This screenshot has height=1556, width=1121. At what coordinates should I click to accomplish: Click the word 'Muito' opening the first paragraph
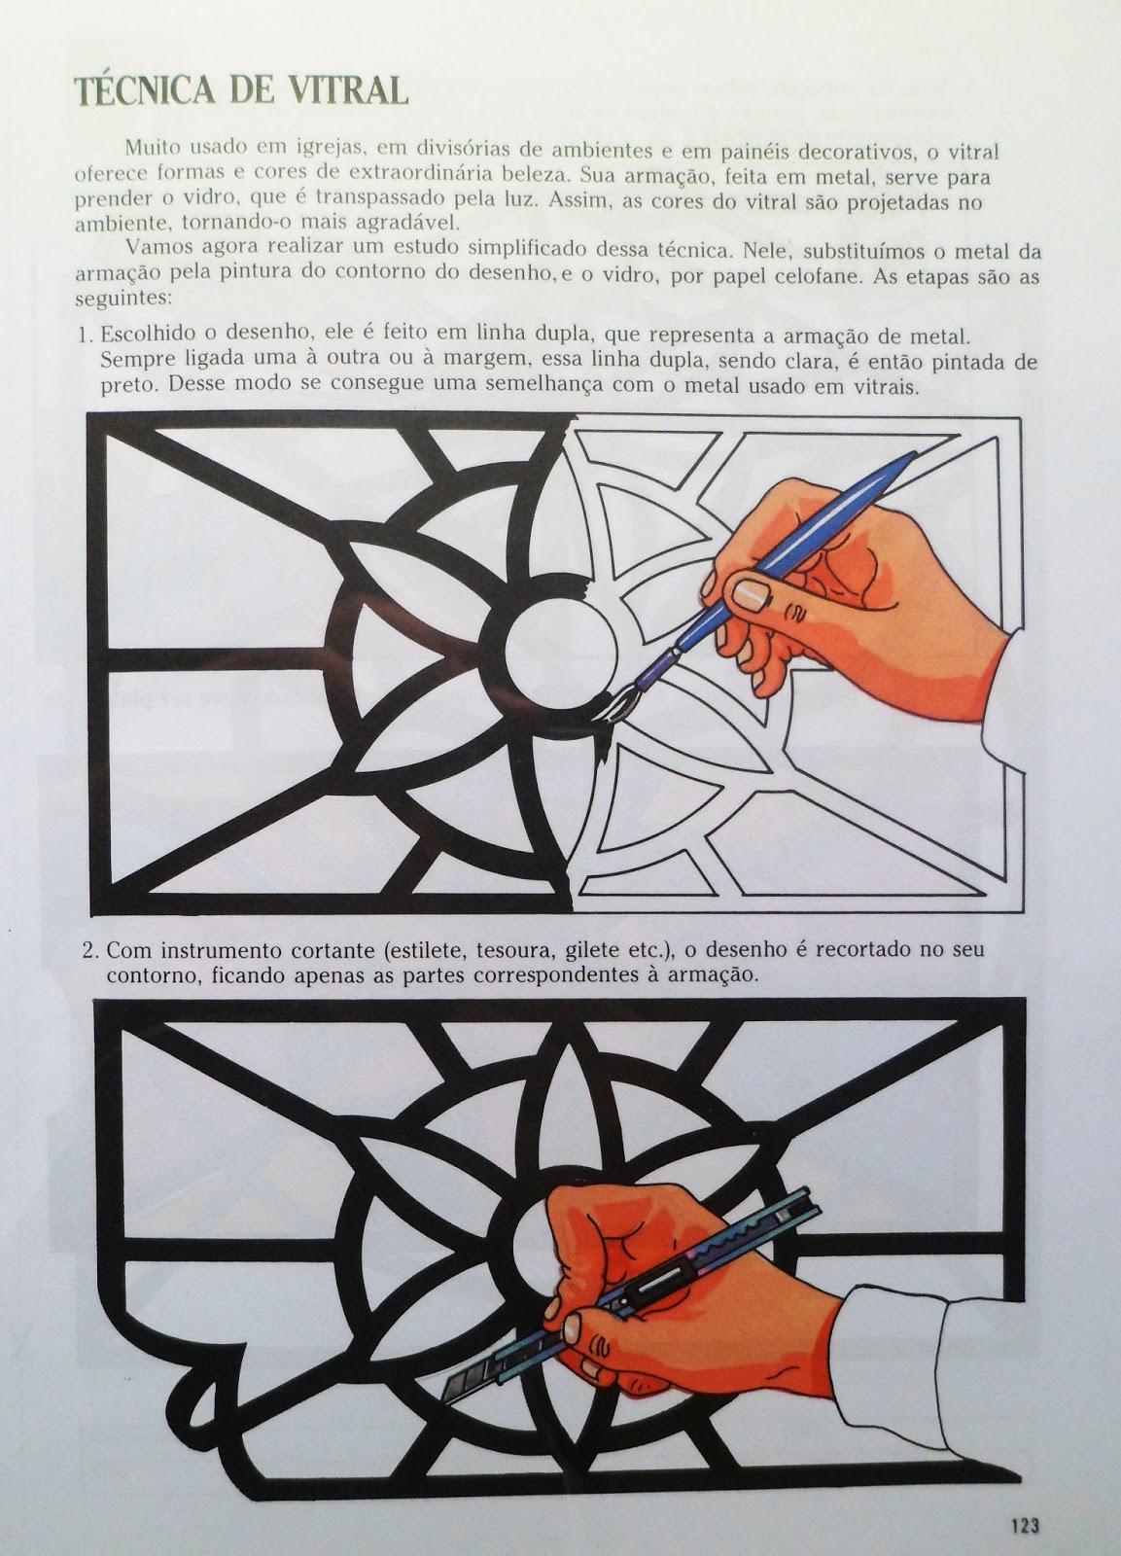(147, 151)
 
